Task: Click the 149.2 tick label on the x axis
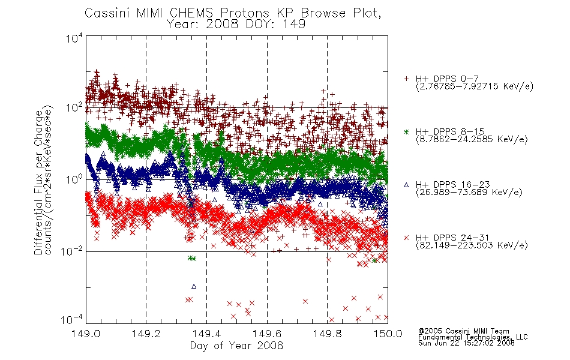click(146, 334)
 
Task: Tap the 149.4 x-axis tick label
click(206, 334)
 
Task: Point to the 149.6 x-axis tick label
click(267, 334)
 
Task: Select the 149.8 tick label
click(327, 334)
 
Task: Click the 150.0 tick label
click(388, 334)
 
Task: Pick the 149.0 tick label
click(86, 334)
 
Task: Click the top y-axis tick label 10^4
click(74, 38)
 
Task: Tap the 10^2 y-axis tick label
click(74, 107)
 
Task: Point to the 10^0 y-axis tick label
click(74, 179)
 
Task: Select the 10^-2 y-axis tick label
click(71, 251)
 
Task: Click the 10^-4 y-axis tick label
click(71, 319)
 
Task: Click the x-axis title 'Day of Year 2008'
click(236, 346)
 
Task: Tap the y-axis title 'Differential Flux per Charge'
click(38, 182)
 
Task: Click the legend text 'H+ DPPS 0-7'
click(447, 79)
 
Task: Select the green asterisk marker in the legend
click(406, 131)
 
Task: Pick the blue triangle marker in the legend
click(406, 185)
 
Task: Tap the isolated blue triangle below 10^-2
click(194, 287)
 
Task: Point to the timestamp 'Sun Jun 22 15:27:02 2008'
click(466, 343)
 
